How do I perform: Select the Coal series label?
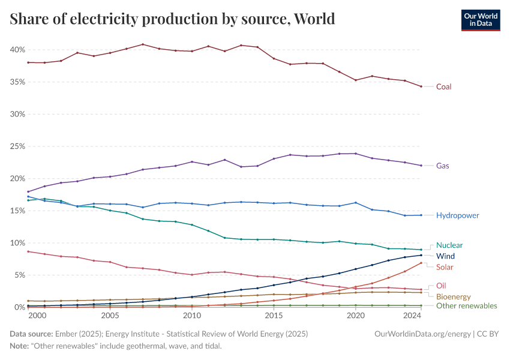point(443,86)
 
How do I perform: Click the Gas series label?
point(443,166)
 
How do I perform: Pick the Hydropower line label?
point(457,215)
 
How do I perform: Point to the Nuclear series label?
point(449,245)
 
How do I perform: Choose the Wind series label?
point(445,256)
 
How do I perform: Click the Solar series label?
point(445,267)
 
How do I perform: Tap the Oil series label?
point(441,286)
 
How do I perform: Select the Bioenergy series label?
point(454,296)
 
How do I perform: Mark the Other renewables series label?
point(467,306)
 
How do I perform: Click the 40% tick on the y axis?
point(18,49)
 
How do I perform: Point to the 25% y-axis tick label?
point(18,146)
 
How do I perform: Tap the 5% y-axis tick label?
point(19,275)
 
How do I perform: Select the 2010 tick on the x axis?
point(192,316)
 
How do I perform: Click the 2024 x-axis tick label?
point(413,316)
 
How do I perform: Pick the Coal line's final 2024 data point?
point(421,86)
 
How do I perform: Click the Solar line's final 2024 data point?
point(421,263)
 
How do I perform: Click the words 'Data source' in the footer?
point(30,333)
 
